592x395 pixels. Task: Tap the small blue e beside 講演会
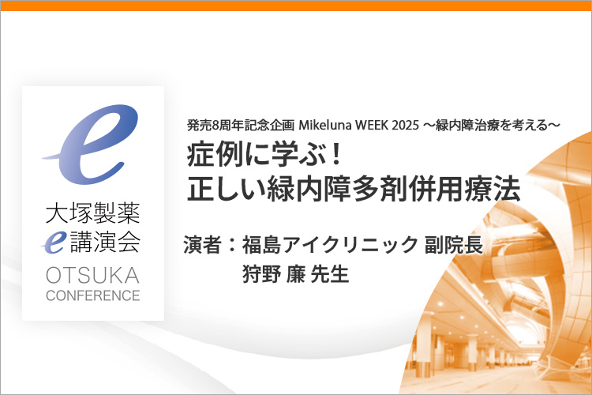pos(54,242)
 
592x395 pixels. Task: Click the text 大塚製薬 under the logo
pos(93,213)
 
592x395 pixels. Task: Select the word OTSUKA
pos(93,275)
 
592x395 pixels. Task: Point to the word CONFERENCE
pos(93,295)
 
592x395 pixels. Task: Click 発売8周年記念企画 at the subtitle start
pos(241,125)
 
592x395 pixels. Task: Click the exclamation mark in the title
pos(335,156)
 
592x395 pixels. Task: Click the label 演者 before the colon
pos(202,245)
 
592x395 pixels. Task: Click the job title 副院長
pos(454,245)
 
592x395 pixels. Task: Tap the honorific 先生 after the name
pos(329,274)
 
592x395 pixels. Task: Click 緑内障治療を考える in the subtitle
pos(492,125)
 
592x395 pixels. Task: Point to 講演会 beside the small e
pos(105,242)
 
